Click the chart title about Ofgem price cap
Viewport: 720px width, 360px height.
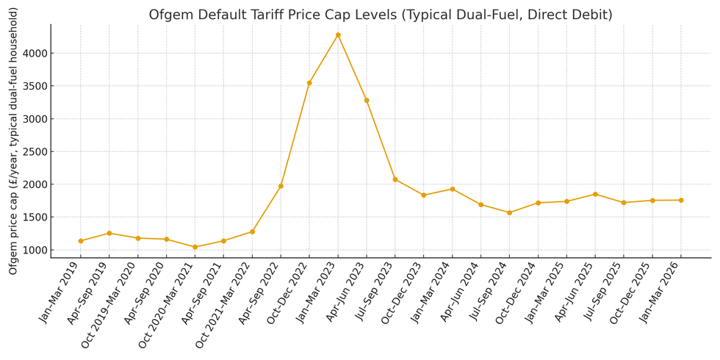(380, 15)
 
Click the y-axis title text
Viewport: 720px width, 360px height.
(13, 141)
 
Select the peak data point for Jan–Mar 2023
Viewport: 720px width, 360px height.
(338, 35)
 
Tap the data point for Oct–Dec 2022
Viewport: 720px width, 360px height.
(309, 83)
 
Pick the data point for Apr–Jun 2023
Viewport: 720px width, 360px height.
(367, 100)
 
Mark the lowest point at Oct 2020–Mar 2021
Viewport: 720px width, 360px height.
(195, 247)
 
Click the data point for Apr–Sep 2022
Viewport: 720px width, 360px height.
(281, 186)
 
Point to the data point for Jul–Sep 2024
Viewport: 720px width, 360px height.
(509, 212)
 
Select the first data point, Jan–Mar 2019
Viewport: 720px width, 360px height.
(81, 241)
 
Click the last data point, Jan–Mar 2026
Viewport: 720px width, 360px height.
(681, 200)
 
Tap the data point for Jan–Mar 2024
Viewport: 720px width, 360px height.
(453, 189)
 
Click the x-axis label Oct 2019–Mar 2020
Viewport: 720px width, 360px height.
(110, 303)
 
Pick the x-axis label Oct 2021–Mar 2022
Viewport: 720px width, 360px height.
(225, 303)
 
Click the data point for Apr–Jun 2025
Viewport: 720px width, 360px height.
(595, 194)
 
